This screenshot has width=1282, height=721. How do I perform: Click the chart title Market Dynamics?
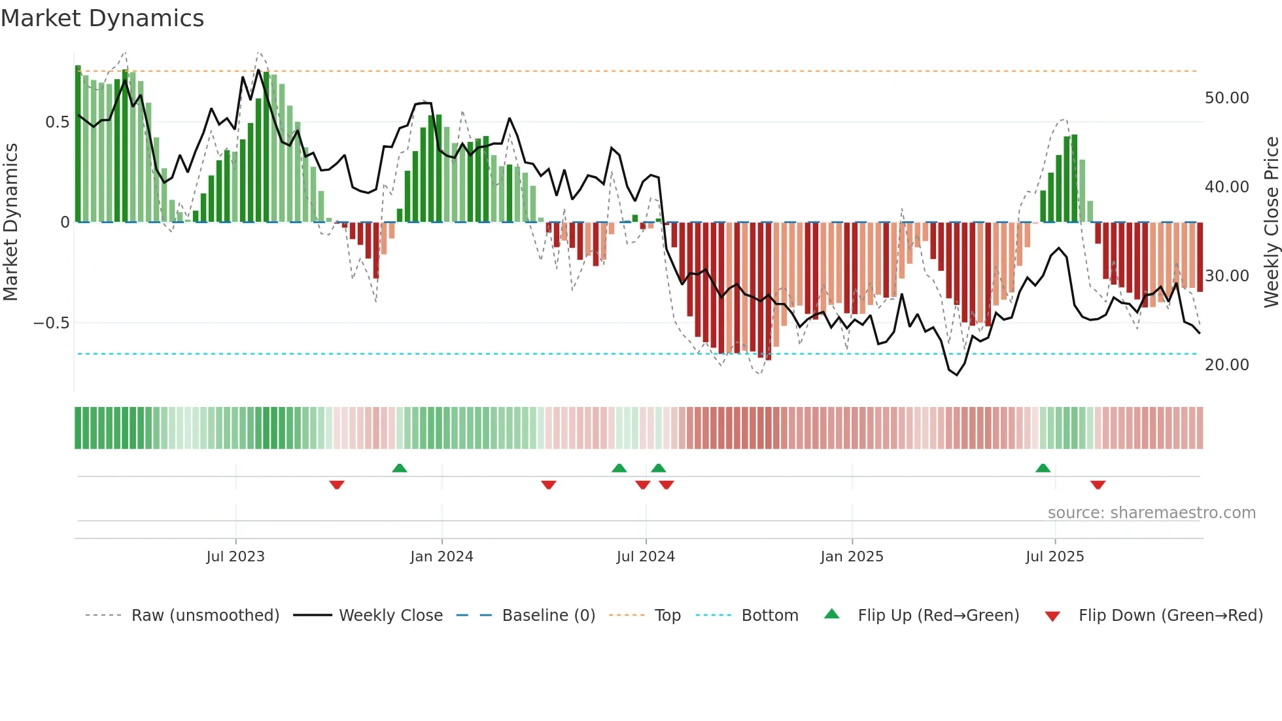(102, 18)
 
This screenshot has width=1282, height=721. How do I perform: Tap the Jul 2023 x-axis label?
(235, 557)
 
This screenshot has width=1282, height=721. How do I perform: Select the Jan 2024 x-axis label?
(442, 557)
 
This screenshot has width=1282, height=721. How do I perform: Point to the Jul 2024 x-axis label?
(646, 557)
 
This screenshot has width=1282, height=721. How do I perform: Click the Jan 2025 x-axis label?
(852, 557)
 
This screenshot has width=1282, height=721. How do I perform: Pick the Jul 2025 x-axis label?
(1054, 557)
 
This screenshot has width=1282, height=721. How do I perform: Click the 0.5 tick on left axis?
(57, 122)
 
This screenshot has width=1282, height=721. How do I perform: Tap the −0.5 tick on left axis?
(51, 323)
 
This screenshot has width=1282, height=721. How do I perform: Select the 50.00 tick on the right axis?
(1226, 98)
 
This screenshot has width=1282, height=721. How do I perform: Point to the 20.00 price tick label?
(1226, 365)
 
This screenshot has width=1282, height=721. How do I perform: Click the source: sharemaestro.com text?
(1151, 513)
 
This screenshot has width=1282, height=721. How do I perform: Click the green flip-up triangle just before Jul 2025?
(1043, 468)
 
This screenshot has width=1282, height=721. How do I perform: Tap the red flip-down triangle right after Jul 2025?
(1098, 485)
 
